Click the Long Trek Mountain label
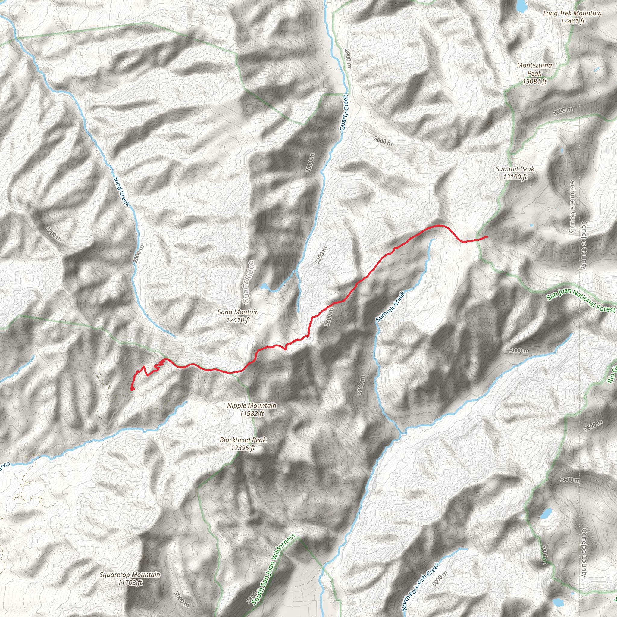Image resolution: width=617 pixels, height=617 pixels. (x=572, y=17)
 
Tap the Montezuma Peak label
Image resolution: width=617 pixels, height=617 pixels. (x=535, y=74)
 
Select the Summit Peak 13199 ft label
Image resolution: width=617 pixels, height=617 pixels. (x=515, y=173)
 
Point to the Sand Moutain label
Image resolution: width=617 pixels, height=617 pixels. (x=238, y=316)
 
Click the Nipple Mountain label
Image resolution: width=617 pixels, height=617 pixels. (x=252, y=409)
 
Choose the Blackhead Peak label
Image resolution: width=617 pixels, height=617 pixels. (x=243, y=444)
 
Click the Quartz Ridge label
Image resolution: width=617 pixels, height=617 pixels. (x=248, y=282)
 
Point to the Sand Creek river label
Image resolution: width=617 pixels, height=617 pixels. (x=122, y=191)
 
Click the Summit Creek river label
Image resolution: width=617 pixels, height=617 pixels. (x=390, y=307)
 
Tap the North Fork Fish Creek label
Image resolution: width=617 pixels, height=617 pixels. (x=421, y=587)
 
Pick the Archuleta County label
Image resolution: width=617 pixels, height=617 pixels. (x=572, y=207)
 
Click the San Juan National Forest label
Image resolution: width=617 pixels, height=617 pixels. (x=581, y=300)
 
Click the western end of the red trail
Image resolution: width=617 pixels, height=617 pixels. (x=132, y=389)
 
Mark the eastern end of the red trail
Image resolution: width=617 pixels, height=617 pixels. (x=486, y=236)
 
